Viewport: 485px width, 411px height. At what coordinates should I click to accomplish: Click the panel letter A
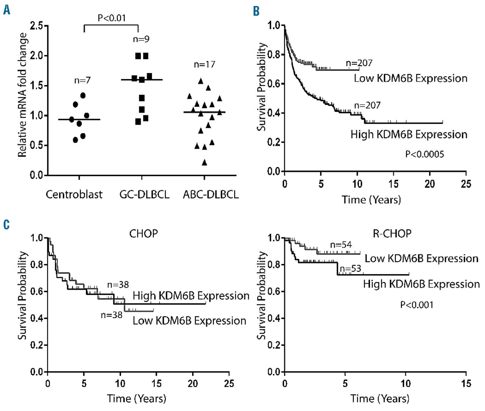(x=6, y=10)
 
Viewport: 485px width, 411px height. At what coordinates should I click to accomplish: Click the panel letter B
(x=257, y=11)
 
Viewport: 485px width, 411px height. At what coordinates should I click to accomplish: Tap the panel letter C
(x=6, y=224)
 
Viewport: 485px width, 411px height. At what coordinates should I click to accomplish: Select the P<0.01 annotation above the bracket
(x=111, y=18)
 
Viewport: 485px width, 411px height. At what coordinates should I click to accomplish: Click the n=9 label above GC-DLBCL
(x=141, y=39)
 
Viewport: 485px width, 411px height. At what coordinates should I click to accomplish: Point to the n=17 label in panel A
(x=204, y=64)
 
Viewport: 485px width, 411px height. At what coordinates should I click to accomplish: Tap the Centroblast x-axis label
(x=74, y=195)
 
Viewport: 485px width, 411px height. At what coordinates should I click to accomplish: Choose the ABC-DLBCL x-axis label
(x=211, y=195)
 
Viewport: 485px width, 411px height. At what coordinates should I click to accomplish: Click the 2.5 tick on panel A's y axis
(x=36, y=26)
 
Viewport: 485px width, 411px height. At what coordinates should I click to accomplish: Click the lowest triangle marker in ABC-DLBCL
(x=204, y=163)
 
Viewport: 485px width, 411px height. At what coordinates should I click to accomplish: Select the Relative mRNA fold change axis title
(x=22, y=95)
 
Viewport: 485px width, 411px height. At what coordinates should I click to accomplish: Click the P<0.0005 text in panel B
(x=424, y=154)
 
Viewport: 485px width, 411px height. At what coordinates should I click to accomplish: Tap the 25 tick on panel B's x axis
(x=466, y=184)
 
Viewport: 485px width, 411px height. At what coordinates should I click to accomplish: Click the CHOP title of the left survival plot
(x=143, y=233)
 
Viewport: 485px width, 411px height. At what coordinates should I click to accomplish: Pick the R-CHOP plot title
(x=392, y=233)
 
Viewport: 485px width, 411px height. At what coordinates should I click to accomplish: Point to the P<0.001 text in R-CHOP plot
(x=417, y=304)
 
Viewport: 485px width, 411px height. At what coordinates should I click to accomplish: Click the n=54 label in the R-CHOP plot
(x=341, y=245)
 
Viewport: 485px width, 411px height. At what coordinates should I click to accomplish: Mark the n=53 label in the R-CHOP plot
(x=350, y=268)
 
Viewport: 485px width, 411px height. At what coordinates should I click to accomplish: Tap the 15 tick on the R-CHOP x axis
(x=466, y=383)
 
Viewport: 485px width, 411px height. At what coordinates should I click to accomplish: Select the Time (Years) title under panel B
(x=371, y=199)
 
